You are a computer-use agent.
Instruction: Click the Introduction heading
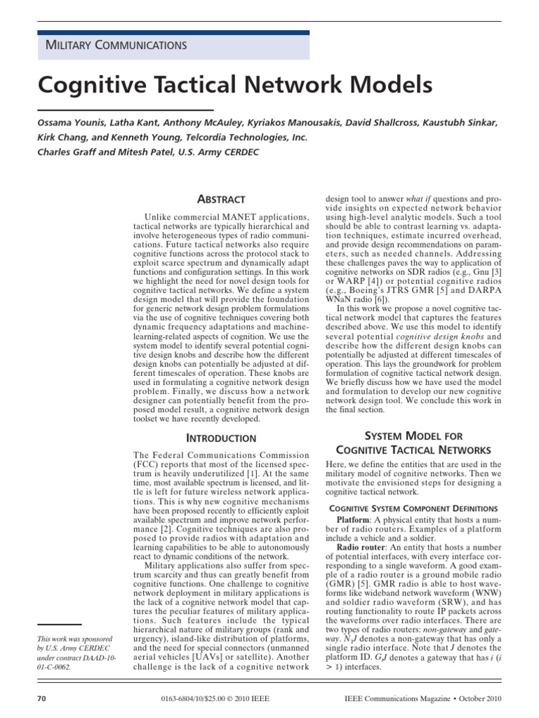click(221, 438)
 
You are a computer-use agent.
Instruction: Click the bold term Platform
click(355, 520)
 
